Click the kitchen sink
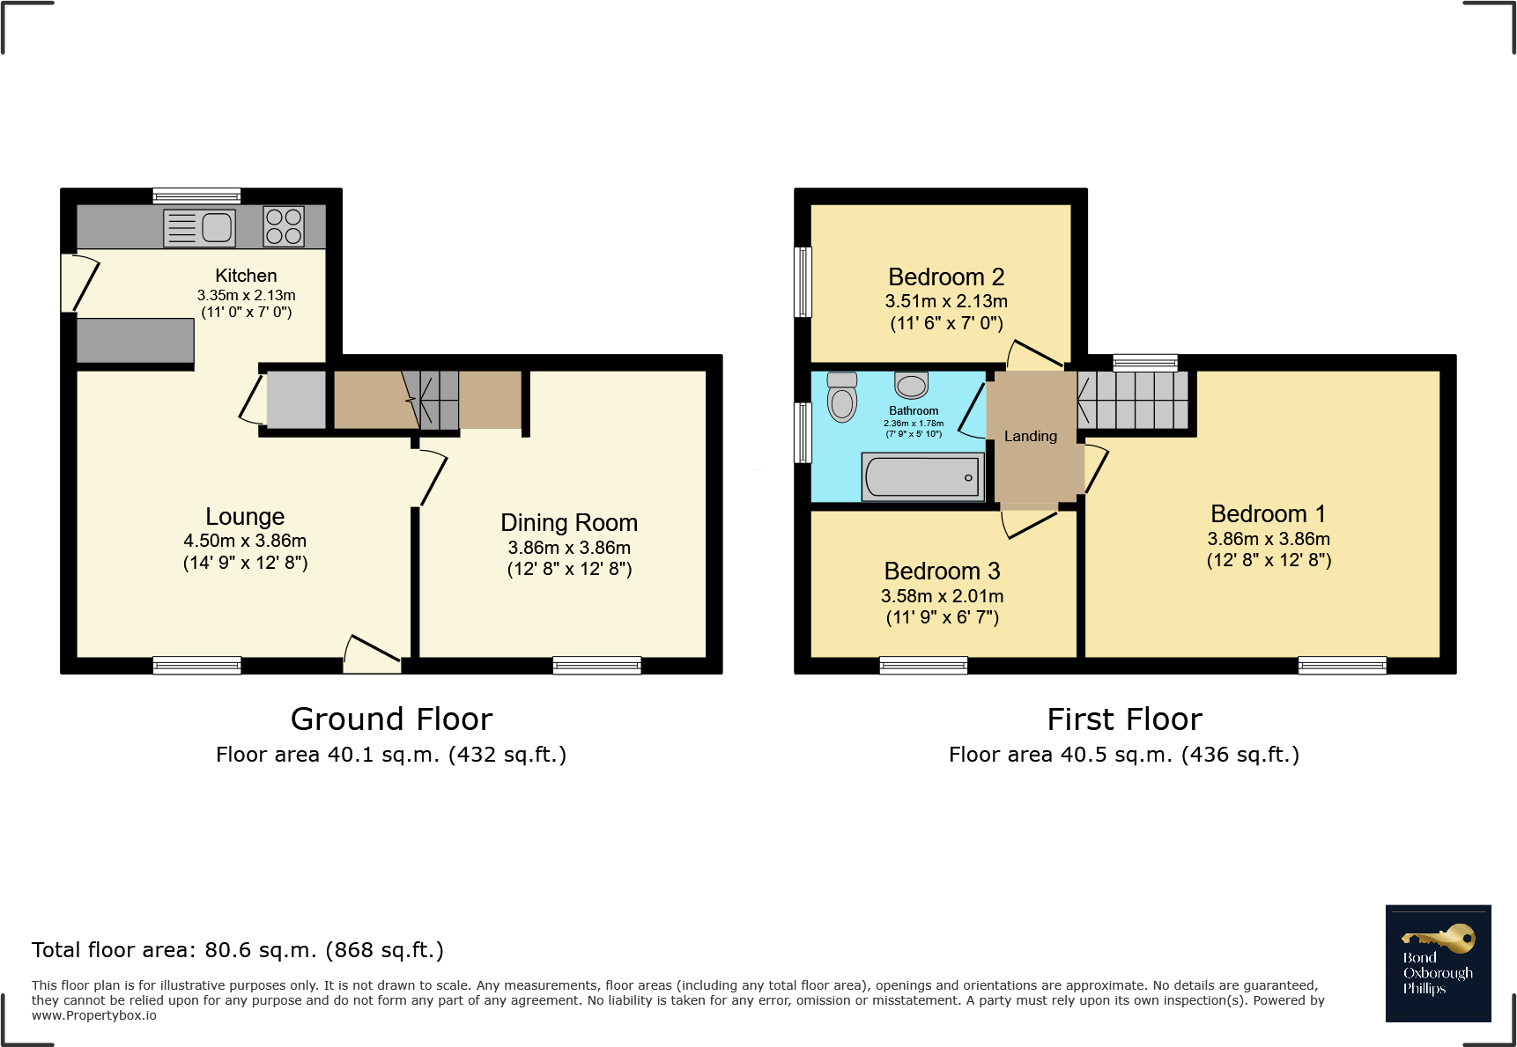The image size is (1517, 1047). point(200,227)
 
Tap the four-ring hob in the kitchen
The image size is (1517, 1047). point(284,226)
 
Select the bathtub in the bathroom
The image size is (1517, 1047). point(922,477)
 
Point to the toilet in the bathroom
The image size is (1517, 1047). point(842,397)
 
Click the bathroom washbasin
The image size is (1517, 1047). point(911,385)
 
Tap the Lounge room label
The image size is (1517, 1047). point(245,517)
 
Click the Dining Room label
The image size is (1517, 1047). point(569,523)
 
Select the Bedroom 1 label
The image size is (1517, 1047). point(1268,514)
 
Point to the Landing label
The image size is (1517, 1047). point(1031,437)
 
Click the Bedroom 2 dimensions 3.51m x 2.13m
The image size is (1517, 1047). point(946,301)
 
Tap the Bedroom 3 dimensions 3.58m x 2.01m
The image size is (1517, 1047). point(943,596)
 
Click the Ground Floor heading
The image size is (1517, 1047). point(391,719)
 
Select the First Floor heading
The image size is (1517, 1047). point(1124,719)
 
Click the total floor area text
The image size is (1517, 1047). point(238,950)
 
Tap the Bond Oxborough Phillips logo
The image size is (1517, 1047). point(1438,963)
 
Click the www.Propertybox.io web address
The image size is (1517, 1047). point(94,1015)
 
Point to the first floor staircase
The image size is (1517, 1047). point(1133,400)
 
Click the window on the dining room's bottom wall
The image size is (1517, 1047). point(597,666)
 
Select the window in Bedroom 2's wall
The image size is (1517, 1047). point(803,282)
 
